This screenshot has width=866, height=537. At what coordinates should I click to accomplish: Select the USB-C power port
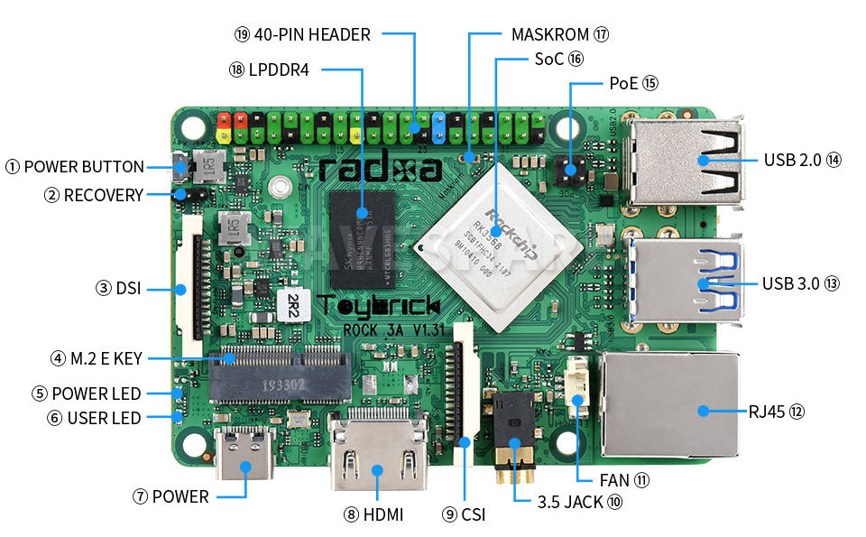246,459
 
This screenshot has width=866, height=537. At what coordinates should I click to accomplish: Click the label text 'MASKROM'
550,35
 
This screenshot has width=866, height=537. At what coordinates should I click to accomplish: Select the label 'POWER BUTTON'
84,167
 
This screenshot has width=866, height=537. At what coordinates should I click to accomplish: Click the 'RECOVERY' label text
103,195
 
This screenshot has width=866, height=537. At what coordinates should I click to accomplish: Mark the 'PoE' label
623,83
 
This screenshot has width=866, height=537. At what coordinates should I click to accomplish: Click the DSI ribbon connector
192,287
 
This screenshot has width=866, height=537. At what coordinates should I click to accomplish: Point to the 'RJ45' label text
765,412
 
